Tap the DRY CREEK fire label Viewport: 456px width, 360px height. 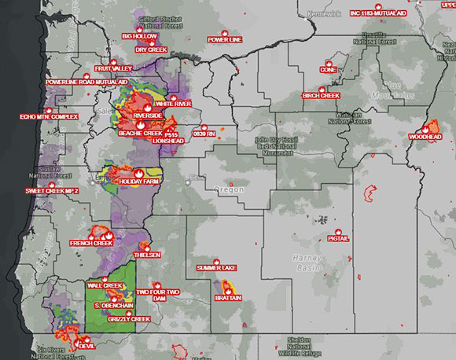tap(150, 50)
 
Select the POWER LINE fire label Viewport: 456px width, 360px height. tap(223, 40)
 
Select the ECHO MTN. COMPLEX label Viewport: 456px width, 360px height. tap(50, 117)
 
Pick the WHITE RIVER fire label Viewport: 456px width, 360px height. tap(173, 104)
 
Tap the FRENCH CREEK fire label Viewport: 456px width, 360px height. tap(91, 244)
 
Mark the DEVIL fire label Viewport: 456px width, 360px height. tap(86, 346)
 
